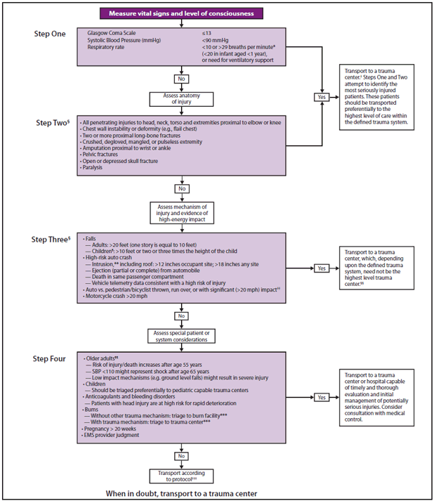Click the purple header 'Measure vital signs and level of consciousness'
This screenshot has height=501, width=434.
coord(183,13)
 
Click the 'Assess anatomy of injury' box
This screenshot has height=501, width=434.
coord(183,99)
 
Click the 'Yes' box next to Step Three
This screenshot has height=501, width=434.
coord(322,268)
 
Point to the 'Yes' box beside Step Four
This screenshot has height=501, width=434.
coord(322,397)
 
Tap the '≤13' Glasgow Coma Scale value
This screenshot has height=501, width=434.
coord(206,33)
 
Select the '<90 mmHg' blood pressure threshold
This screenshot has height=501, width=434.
coord(216,40)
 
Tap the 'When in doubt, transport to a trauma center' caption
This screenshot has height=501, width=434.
coord(183,493)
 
